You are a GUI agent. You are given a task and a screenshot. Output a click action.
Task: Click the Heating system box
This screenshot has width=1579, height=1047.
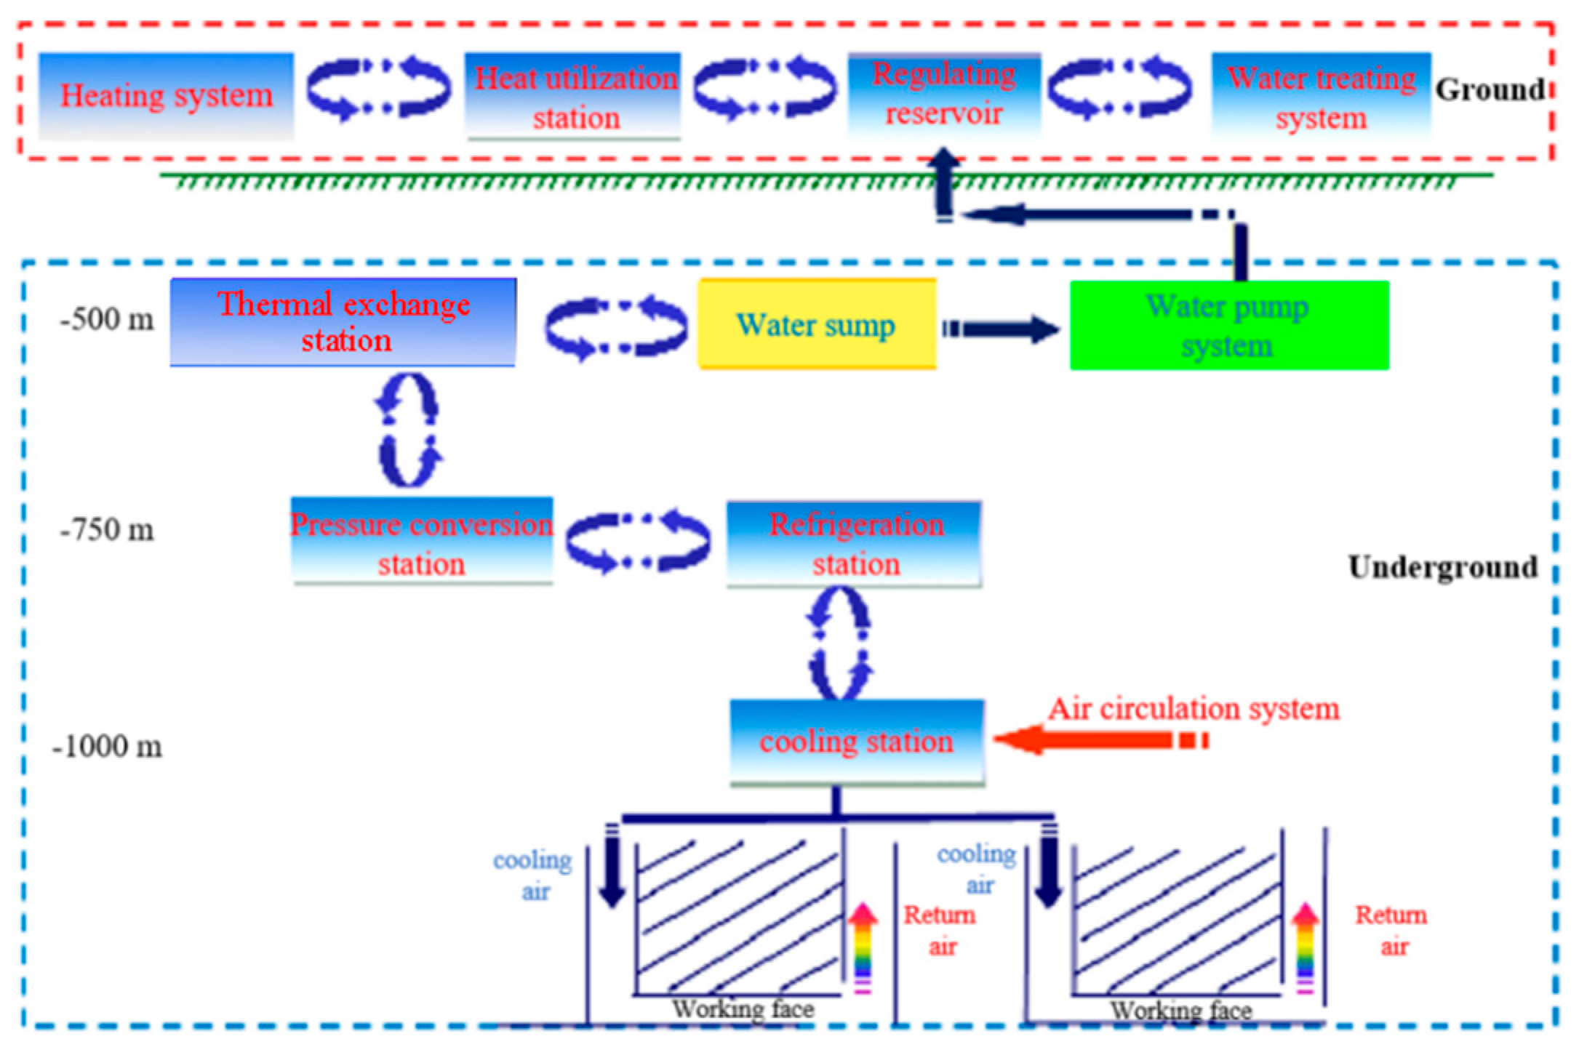pos(166,95)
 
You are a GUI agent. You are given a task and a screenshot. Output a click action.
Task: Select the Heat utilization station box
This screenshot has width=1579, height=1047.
pos(574,96)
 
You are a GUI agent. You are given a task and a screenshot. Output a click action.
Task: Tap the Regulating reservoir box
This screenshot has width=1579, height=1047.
pos(944,95)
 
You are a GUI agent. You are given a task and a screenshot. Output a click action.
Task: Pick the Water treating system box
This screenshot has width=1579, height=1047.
pos(1321,96)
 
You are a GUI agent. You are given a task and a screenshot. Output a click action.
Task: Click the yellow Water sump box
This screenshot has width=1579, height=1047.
pos(817,324)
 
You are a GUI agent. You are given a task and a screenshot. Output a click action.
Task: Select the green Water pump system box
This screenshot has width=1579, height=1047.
pos(1229,325)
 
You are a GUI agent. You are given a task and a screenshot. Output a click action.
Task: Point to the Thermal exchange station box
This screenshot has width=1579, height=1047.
pos(343,321)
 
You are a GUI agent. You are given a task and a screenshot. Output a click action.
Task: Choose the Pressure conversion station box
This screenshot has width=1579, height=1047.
pos(422,542)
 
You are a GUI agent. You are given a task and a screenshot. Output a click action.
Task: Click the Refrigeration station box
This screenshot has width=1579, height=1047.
pos(855,544)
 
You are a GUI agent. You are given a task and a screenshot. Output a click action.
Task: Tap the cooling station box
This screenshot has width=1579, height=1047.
pos(857,742)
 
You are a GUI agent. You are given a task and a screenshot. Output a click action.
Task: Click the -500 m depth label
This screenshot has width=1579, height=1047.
pos(107,319)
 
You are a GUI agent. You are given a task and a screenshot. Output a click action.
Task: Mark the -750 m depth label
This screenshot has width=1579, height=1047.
pos(107,530)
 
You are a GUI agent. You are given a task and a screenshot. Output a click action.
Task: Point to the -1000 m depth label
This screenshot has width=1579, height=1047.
pos(107,747)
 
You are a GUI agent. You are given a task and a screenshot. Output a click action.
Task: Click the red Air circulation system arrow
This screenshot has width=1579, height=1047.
pos(1098,740)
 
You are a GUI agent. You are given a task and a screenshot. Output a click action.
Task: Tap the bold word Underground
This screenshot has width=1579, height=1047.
pos(1443,567)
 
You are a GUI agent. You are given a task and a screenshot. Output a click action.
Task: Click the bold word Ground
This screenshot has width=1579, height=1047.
pos(1489,90)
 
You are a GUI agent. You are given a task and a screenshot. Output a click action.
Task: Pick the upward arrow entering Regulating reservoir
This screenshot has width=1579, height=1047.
pos(944,182)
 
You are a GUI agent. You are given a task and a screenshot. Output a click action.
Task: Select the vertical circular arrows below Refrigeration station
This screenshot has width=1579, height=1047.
pos(839,643)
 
